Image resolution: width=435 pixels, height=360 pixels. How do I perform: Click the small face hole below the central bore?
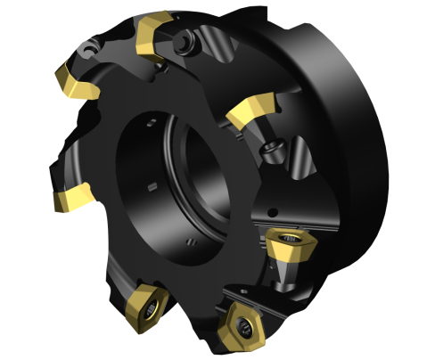point(191,242)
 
